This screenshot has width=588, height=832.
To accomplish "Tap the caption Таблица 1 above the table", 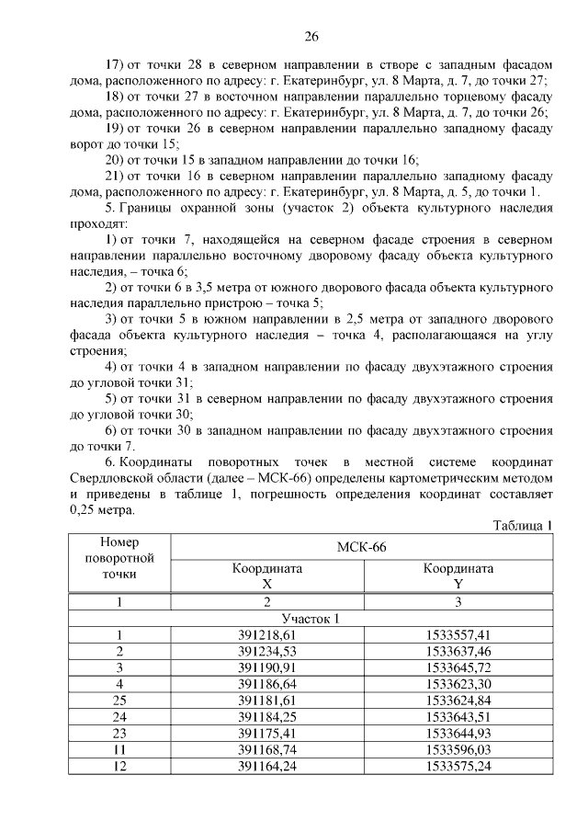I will point(522,527).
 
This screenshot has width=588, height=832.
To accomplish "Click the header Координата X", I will point(267,576).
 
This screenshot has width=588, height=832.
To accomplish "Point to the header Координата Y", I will point(458,576).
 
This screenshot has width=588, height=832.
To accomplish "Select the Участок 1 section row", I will point(311,619).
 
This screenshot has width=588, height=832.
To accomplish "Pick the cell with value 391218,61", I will point(267,635).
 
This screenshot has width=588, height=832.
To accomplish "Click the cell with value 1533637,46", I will point(458,651).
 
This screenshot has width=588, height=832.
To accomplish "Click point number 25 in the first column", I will point(119,700).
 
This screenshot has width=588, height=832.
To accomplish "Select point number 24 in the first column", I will point(119,716).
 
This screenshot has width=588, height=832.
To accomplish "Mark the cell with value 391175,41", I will point(267,733).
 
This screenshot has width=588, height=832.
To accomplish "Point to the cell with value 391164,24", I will point(267,765).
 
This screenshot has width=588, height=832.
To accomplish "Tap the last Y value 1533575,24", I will point(458,765).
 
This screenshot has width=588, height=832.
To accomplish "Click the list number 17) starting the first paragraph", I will point(115,65).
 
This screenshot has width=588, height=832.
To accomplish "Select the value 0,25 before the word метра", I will point(86,512).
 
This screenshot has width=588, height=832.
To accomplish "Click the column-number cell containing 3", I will point(458,602).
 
